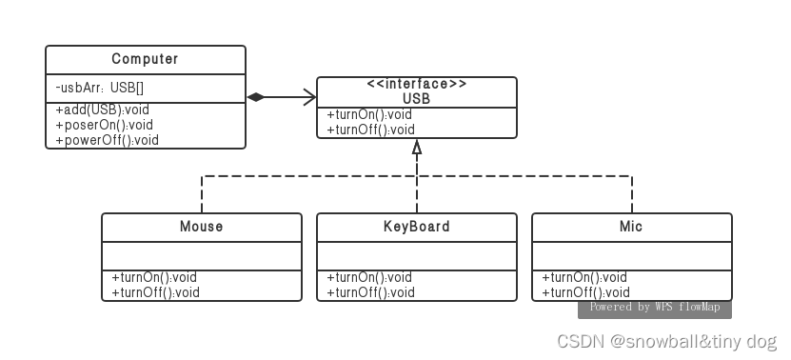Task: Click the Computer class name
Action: tap(145, 60)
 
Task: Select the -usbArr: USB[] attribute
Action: tap(100, 88)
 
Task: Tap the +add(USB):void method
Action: tap(104, 110)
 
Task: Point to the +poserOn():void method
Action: tap(105, 125)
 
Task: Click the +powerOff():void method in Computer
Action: tap(108, 140)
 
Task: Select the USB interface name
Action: tap(417, 98)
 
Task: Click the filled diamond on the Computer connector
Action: tap(256, 97)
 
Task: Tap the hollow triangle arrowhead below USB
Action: tap(417, 148)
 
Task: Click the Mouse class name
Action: tap(202, 227)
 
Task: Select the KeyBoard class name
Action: tap(417, 227)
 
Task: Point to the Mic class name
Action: tap(632, 227)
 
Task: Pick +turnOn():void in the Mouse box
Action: tap(154, 277)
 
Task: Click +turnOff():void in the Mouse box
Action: tap(155, 292)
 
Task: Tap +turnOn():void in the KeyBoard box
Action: tap(369, 277)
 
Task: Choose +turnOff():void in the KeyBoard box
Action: tap(370, 292)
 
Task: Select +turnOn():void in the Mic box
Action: tap(584, 277)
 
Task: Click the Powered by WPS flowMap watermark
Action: tap(655, 308)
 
